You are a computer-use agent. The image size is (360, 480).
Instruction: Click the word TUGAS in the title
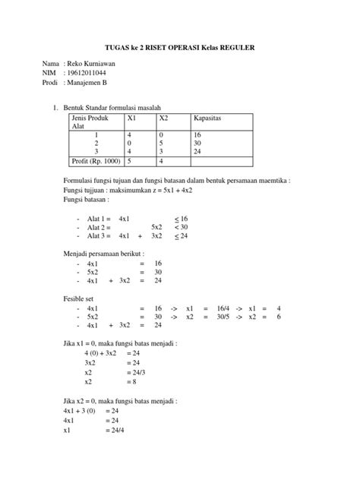(115, 47)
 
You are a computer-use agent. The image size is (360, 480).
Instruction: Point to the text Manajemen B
(87, 90)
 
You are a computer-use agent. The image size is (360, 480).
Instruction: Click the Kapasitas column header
(208, 118)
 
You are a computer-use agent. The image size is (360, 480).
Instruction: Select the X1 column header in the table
(133, 118)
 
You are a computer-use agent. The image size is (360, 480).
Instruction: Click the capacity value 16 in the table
(197, 134)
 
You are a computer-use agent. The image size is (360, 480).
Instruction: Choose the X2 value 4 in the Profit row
(161, 161)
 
